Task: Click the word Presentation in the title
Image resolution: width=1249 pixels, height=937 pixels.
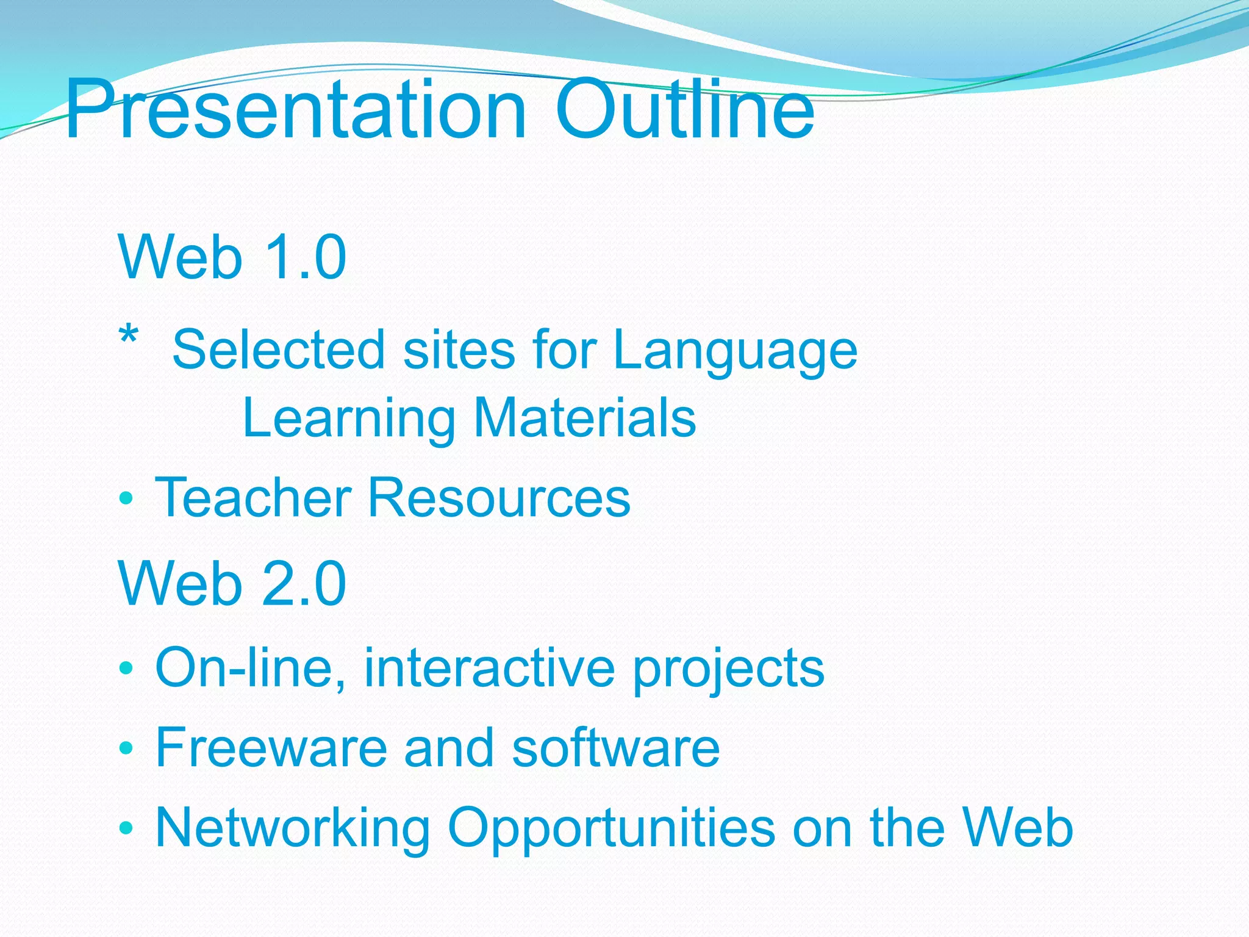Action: click(x=296, y=110)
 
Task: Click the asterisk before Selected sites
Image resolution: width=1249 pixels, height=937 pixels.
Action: click(x=129, y=336)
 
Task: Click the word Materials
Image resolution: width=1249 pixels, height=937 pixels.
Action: click(x=585, y=418)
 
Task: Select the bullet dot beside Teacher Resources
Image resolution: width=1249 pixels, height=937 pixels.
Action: click(x=126, y=498)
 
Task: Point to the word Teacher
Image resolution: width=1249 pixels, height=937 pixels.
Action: click(x=254, y=498)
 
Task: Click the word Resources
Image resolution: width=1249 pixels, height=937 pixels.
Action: click(x=499, y=498)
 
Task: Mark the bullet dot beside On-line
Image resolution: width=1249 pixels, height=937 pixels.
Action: click(x=126, y=668)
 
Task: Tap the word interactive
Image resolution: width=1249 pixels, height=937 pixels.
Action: click(x=490, y=667)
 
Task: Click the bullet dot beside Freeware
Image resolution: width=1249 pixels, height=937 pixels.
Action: click(x=126, y=748)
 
